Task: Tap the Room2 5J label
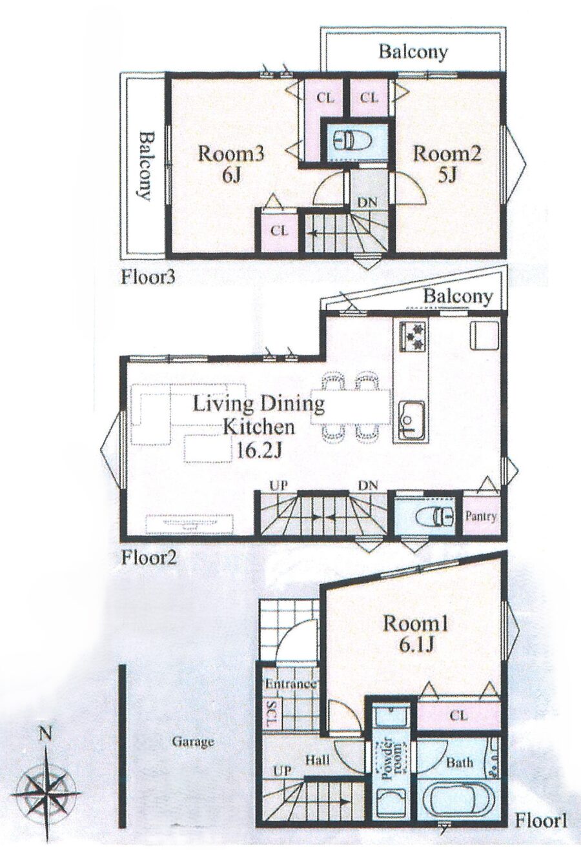[447, 165]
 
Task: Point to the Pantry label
[481, 516]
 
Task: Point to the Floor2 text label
[148, 558]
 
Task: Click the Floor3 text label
[148, 278]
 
